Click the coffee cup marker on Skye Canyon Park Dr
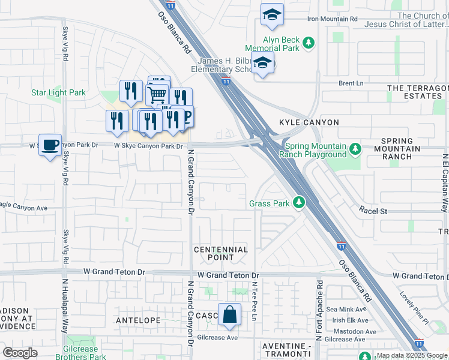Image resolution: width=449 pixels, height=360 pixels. coord(50,145)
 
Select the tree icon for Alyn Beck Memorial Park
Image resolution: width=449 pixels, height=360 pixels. coord(309,43)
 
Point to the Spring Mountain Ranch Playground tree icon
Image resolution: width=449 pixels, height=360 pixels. coord(355,148)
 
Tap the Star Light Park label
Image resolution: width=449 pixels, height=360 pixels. coord(58,93)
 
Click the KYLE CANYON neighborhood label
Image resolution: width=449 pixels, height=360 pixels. coord(309,122)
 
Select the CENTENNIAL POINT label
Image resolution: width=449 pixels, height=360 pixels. coord(221,253)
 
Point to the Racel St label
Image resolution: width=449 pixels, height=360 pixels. coord(373,211)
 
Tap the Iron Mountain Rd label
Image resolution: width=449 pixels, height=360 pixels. coord(332,19)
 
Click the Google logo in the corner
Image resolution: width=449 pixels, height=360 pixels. coord(20,352)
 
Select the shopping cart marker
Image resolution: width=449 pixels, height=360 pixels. coord(157,94)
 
